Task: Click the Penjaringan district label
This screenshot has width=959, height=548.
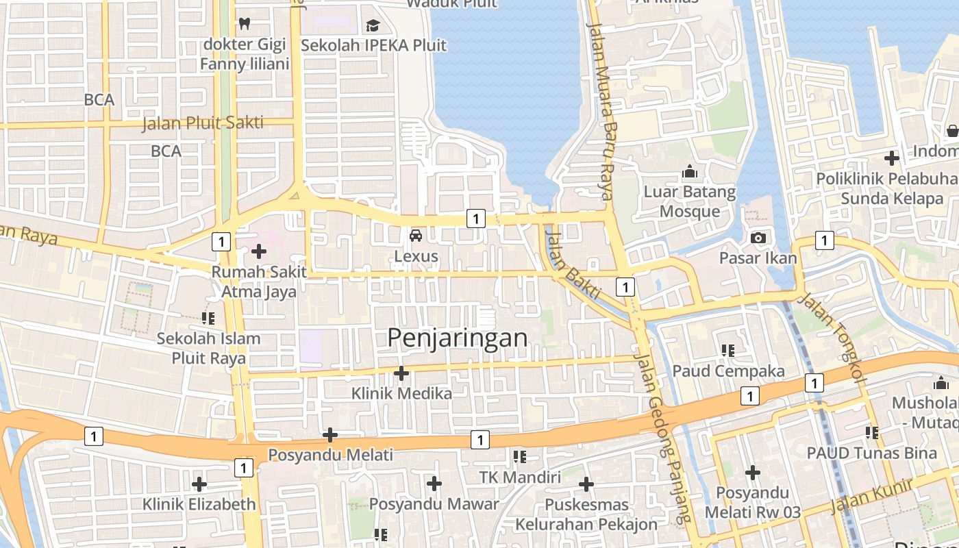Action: tap(458, 338)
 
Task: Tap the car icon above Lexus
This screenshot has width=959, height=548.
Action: tap(415, 236)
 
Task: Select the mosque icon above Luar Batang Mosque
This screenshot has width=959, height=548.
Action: tap(689, 171)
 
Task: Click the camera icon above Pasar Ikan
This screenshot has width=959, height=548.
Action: tap(758, 238)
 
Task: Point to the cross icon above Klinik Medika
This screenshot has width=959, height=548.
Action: tap(401, 373)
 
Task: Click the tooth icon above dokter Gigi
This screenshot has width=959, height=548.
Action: tap(244, 23)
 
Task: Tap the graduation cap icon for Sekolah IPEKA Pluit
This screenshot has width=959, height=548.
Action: tap(373, 26)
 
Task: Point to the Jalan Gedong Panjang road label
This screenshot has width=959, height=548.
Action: tap(662, 438)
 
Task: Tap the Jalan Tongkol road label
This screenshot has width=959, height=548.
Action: tap(832, 336)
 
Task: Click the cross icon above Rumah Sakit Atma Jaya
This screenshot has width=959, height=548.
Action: tap(259, 251)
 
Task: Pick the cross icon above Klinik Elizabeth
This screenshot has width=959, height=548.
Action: tap(199, 484)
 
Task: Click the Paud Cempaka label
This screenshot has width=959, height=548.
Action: tap(728, 371)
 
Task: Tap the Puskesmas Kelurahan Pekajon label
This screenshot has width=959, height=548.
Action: tap(586, 514)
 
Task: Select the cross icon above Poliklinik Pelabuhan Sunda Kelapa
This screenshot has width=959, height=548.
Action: tap(891, 158)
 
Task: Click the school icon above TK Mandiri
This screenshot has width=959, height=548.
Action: tap(520, 456)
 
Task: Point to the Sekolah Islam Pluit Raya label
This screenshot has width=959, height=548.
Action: tap(208, 348)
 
